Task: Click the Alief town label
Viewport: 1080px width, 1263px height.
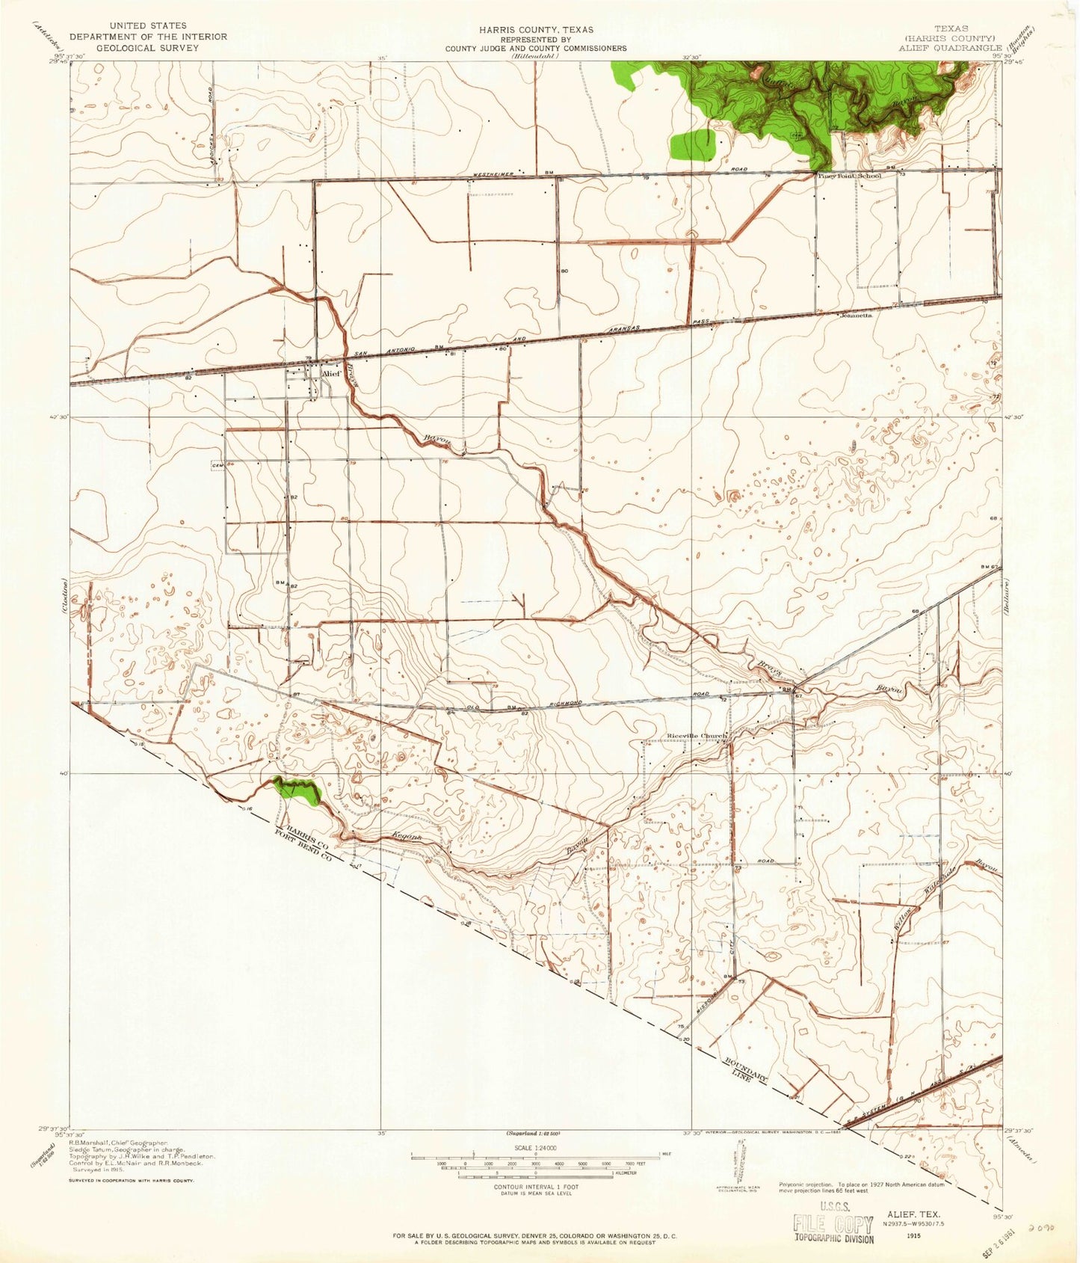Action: tap(331, 373)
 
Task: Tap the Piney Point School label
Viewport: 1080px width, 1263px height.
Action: tap(849, 176)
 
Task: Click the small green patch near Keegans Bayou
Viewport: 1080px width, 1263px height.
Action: tap(297, 790)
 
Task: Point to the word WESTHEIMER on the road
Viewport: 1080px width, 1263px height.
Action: tap(493, 173)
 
